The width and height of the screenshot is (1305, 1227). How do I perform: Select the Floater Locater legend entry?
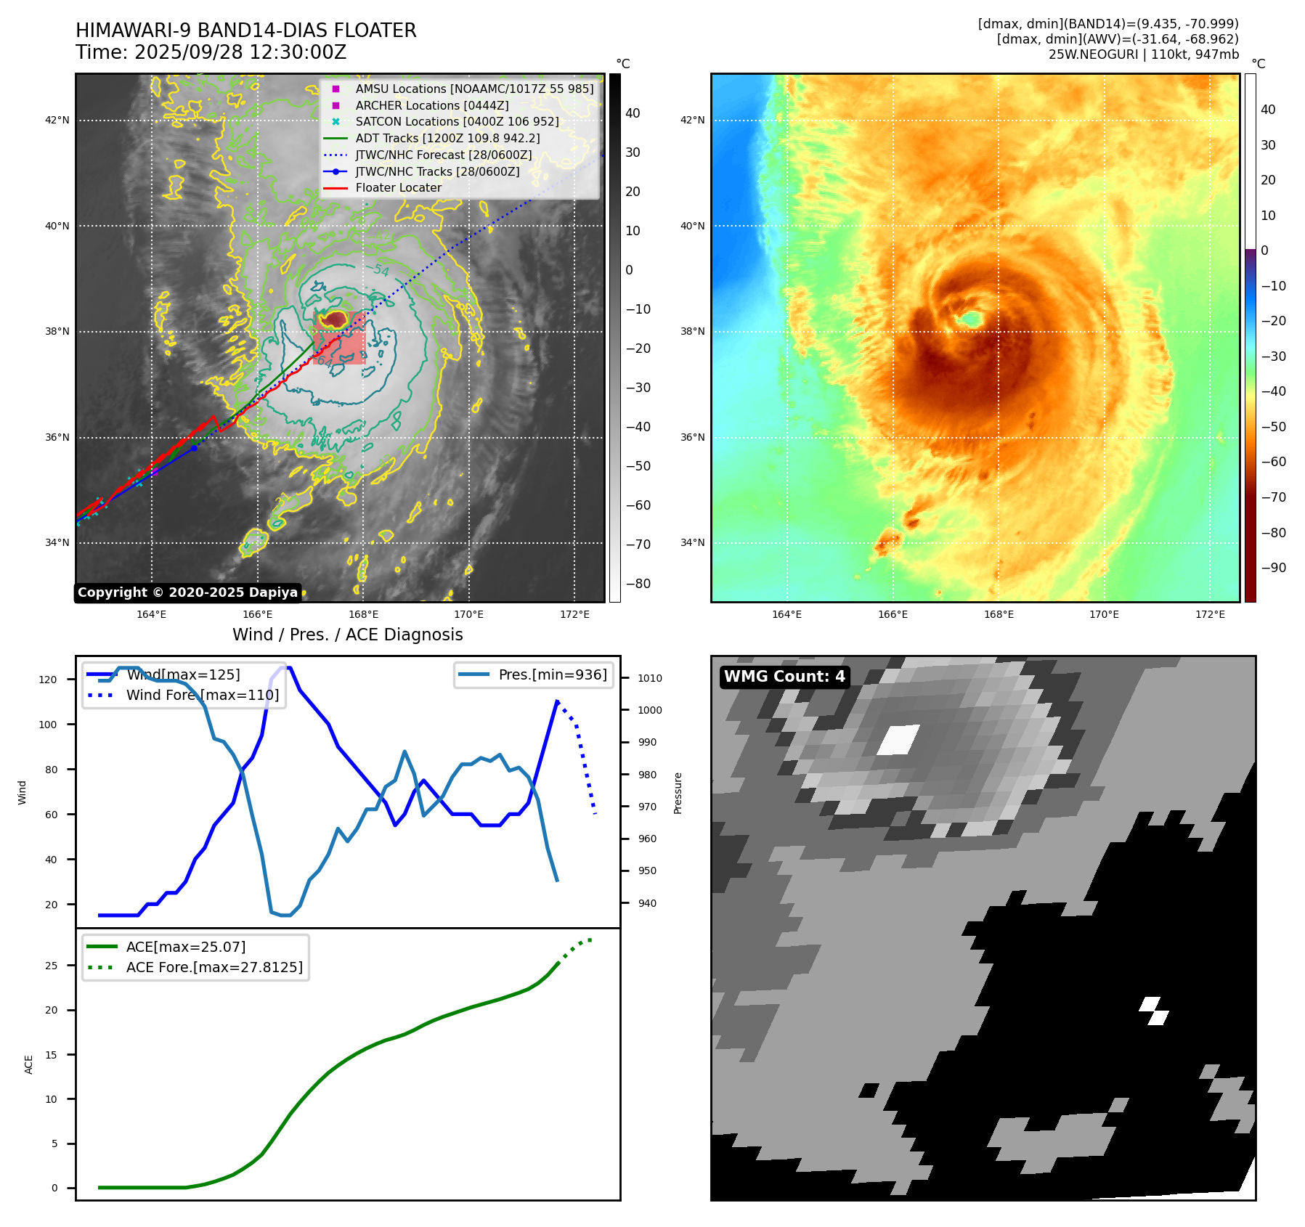click(x=398, y=187)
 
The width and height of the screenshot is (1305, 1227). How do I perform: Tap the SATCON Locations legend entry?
click(x=457, y=121)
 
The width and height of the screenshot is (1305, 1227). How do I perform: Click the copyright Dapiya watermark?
click(x=187, y=592)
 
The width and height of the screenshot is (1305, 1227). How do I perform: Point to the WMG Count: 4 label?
click(x=784, y=677)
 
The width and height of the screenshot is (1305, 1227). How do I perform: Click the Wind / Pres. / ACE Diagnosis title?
click(x=347, y=635)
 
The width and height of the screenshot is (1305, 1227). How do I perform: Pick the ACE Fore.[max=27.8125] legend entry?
click(x=214, y=967)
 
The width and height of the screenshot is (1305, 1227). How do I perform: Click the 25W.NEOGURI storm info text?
click(x=1143, y=54)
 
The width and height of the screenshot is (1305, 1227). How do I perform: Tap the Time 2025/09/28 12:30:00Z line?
click(x=211, y=52)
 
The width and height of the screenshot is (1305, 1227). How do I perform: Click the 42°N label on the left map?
click(x=57, y=120)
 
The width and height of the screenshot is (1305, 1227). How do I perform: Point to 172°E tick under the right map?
click(x=1210, y=614)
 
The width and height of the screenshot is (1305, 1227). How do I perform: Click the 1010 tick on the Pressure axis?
click(x=650, y=678)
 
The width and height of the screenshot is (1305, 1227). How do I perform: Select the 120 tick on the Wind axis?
click(x=48, y=680)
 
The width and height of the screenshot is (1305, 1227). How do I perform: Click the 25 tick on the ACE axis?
click(x=52, y=966)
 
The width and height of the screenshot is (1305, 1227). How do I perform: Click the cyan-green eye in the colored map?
click(x=970, y=318)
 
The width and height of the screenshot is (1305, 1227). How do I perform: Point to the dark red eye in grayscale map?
click(x=336, y=319)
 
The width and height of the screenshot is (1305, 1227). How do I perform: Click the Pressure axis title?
click(x=678, y=793)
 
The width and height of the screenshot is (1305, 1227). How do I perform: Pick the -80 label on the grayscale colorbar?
click(x=638, y=583)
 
